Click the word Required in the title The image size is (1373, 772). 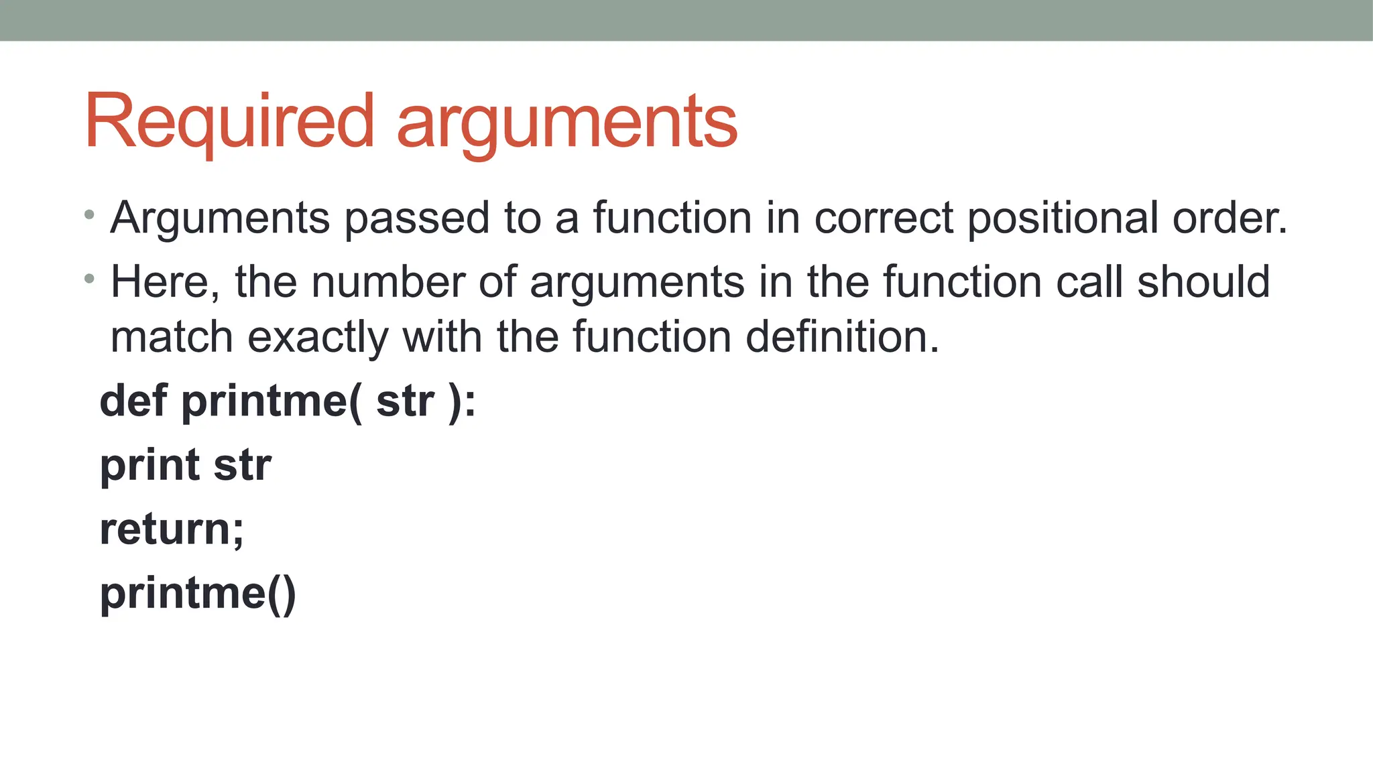tap(229, 122)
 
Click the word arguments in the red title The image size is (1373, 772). tap(567, 123)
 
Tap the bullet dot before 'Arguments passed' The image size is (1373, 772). tap(89, 215)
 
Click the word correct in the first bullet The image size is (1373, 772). tap(884, 218)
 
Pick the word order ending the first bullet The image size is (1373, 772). tap(1228, 218)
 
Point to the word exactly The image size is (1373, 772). tap(318, 337)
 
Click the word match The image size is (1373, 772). tap(172, 337)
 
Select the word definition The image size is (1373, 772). tap(842, 337)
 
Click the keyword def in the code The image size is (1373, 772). tap(133, 401)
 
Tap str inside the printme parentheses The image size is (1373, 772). tap(405, 401)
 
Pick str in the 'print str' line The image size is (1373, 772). tap(242, 465)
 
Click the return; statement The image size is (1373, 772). tap(172, 529)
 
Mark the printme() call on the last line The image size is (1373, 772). tap(198, 594)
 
